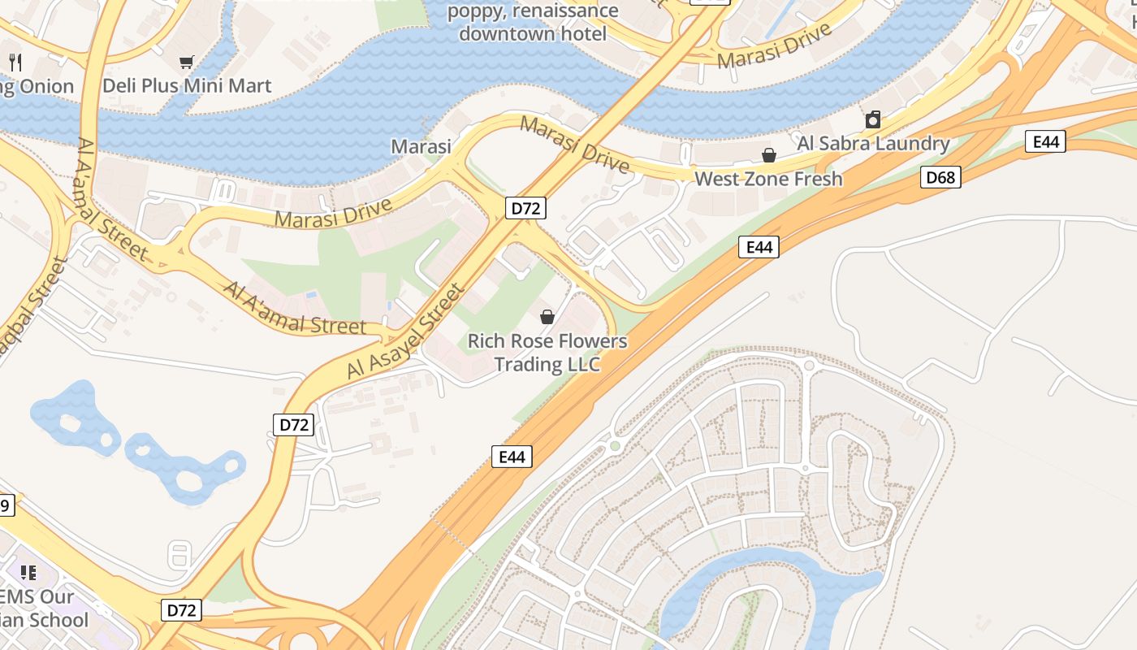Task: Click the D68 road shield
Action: [x=940, y=177]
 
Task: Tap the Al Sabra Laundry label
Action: [x=873, y=144]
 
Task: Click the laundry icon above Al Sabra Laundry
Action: [x=873, y=120]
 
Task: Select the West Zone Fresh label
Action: [x=768, y=179]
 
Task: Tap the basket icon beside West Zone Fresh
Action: [x=768, y=155]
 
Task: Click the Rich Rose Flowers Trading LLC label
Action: [x=547, y=353]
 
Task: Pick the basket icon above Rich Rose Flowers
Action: [x=547, y=317]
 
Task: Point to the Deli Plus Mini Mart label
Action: [x=187, y=85]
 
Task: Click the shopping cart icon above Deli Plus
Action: [x=187, y=62]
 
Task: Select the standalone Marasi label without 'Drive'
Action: [x=421, y=147]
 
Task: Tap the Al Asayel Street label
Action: [x=406, y=331]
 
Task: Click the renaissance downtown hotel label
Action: [x=533, y=23]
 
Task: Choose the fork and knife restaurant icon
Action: [x=15, y=62]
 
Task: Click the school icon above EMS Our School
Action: [x=28, y=573]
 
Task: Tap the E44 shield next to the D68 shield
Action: [x=1045, y=141]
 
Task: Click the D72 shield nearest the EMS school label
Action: [x=181, y=610]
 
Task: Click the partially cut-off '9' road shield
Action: [x=6, y=505]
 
